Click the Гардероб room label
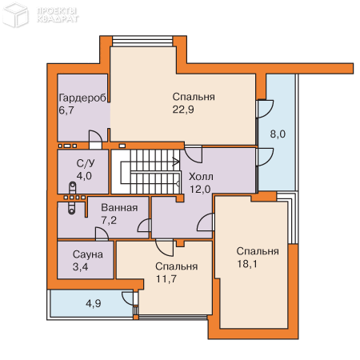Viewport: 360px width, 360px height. click(x=82, y=98)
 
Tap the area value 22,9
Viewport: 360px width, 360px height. click(x=183, y=110)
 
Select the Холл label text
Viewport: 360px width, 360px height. click(x=201, y=177)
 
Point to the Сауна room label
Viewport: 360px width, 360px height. click(x=88, y=254)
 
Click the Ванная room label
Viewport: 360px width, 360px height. click(x=119, y=207)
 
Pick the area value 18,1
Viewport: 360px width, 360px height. click(x=247, y=264)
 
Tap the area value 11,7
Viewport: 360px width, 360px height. click(x=166, y=279)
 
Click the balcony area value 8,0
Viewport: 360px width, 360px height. click(x=278, y=134)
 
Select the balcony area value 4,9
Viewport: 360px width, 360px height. click(x=94, y=303)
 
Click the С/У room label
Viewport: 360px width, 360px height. click(x=86, y=163)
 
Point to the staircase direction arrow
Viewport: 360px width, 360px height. click(x=176, y=162)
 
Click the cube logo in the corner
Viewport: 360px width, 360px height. click(x=15, y=14)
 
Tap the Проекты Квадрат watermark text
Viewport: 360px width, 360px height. click(x=58, y=15)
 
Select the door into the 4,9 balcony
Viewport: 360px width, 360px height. click(x=129, y=298)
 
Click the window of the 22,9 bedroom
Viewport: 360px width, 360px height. click(x=142, y=42)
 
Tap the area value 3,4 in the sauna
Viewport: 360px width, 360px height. click(x=80, y=266)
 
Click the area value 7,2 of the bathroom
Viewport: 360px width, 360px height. click(x=109, y=220)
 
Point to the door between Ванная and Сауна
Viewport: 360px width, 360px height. click(x=102, y=234)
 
